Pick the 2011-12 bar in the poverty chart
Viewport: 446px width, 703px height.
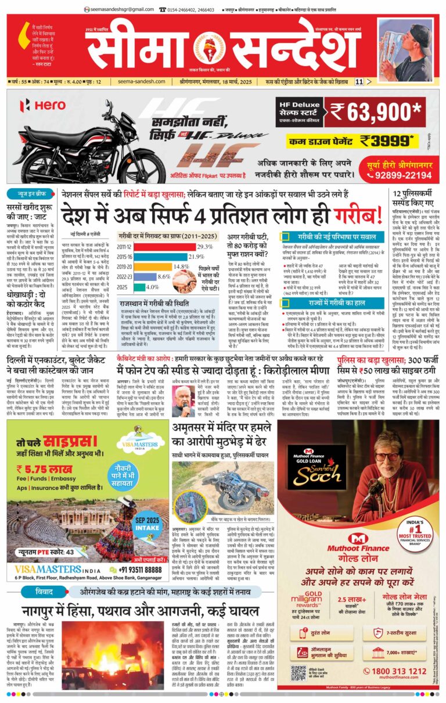tap(159, 247)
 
